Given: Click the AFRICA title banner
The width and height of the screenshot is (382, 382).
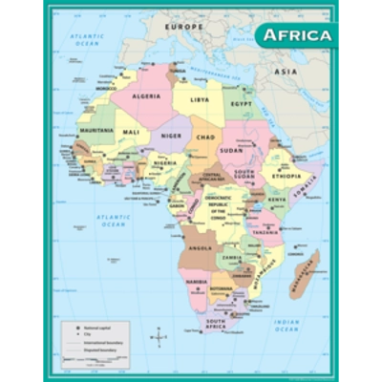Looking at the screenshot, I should (297, 36).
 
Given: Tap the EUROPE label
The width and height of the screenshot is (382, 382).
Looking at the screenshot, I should (183, 28).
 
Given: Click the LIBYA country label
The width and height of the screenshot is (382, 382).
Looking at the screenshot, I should (200, 99).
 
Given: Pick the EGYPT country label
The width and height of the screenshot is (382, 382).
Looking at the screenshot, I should (243, 102).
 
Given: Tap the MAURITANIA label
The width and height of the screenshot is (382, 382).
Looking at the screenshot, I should (96, 129).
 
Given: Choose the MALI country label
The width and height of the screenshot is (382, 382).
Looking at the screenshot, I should (131, 132).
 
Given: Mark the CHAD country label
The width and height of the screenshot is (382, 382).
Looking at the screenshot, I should (204, 137).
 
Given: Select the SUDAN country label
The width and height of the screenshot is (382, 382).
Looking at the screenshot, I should (232, 150).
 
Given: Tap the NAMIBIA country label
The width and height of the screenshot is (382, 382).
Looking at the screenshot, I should (198, 282).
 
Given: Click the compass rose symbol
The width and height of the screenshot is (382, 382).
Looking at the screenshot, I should (159, 335).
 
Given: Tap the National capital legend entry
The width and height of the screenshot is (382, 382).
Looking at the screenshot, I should (86, 328).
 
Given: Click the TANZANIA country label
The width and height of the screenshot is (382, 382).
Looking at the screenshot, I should (265, 231).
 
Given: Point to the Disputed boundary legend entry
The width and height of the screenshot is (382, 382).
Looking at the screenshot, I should (88, 347).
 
